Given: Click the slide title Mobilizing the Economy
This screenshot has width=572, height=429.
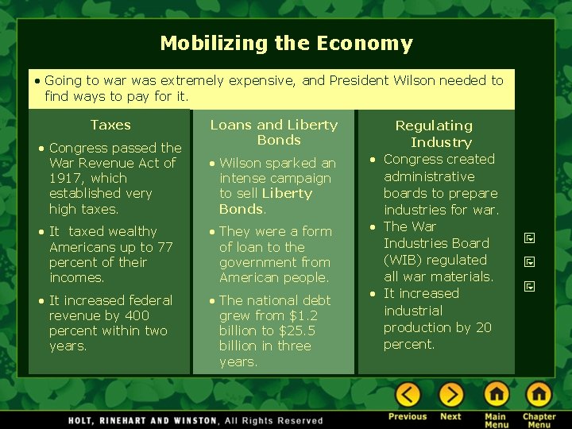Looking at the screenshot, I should pyautogui.click(x=286, y=44).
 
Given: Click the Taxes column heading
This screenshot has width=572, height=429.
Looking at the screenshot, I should pyautogui.click(x=110, y=125).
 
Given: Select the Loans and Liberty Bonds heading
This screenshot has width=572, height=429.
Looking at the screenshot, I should pyautogui.click(x=274, y=132).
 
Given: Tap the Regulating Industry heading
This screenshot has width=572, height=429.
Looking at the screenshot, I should pyautogui.click(x=434, y=133).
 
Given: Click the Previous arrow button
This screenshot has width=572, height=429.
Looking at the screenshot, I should pyautogui.click(x=408, y=395).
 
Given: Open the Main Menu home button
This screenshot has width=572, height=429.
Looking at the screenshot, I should pyautogui.click(x=496, y=395).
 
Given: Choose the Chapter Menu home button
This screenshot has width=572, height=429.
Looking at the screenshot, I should pyautogui.click(x=539, y=395).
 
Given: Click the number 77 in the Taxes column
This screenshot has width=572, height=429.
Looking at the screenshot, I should pyautogui.click(x=164, y=247).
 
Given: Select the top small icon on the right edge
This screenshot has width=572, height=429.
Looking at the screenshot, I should pyautogui.click(x=529, y=238).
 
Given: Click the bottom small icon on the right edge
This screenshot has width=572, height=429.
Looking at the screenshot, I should pyautogui.click(x=529, y=286).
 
